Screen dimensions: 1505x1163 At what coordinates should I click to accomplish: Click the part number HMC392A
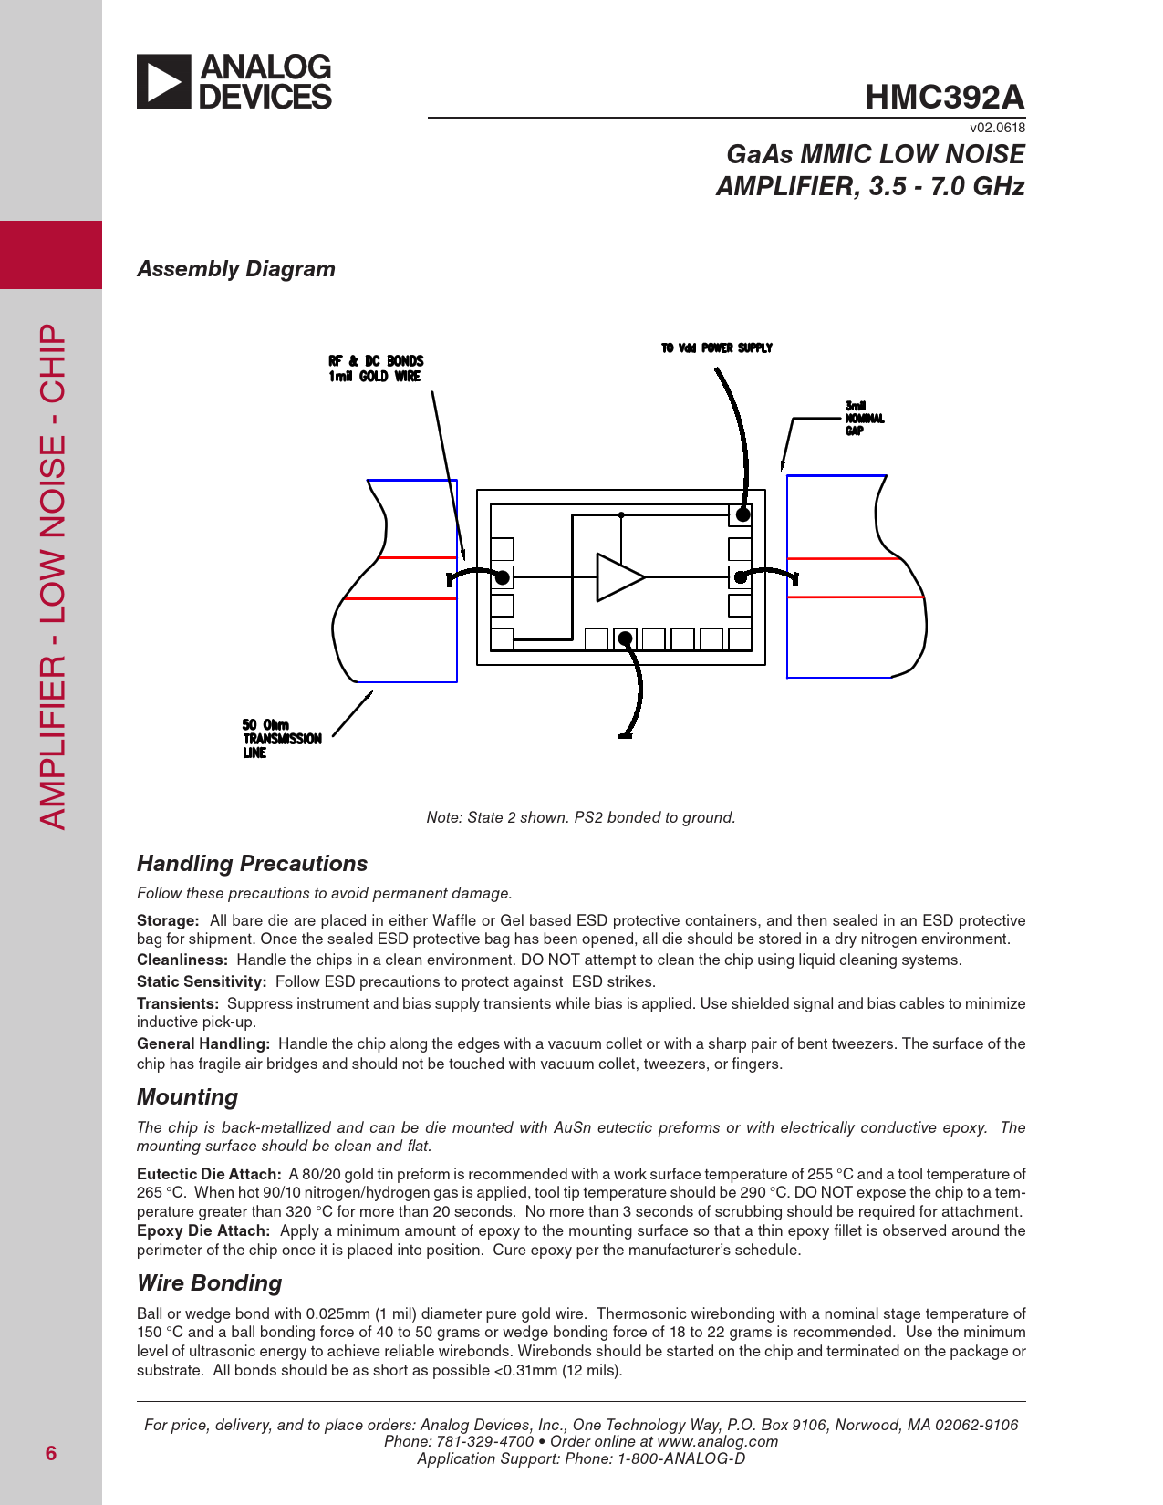coord(944,97)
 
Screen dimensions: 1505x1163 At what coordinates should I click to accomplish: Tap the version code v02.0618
coord(997,128)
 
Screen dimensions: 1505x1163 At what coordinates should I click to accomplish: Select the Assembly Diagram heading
coord(236,269)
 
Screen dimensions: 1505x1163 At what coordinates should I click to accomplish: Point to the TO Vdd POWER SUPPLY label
coord(717,348)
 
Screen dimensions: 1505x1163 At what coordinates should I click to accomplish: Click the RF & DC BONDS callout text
coord(376,368)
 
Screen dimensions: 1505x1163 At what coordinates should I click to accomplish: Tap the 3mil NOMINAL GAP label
coord(864,419)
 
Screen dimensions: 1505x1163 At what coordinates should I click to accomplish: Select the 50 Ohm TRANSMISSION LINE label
coord(282,739)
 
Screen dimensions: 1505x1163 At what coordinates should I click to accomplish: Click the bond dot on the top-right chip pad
coord(742,515)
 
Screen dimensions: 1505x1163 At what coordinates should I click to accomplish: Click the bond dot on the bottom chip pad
coord(625,638)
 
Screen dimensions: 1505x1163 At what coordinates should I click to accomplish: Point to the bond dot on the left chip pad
coord(502,577)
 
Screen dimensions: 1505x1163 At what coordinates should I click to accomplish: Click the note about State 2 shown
coord(581,817)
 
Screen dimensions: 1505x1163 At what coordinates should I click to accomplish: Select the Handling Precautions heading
coord(252,864)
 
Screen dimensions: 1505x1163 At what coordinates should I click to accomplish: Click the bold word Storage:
coord(168,920)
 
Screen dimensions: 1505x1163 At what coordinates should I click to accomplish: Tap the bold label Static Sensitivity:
coord(202,981)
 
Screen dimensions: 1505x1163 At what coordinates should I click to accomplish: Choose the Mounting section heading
coord(187,1097)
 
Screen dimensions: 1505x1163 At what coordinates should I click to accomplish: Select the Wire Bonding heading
coord(209,1283)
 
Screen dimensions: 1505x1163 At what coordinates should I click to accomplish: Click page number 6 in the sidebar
coord(51,1454)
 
